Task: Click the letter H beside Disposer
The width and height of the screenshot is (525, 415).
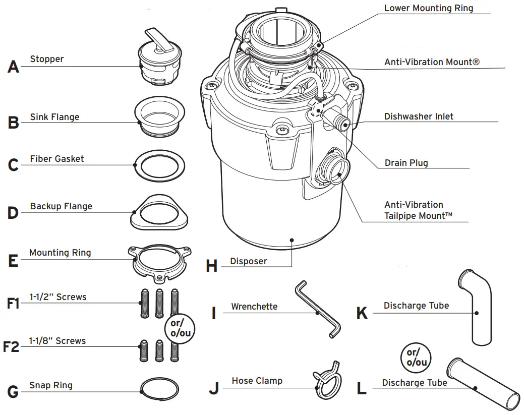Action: [x=212, y=266]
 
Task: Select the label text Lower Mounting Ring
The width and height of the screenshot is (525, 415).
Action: [x=428, y=8]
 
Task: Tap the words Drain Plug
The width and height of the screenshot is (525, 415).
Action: [x=406, y=163]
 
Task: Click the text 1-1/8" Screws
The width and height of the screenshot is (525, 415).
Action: [x=57, y=341]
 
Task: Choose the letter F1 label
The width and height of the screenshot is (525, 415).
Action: [x=13, y=304]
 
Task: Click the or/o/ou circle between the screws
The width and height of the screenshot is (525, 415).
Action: [x=181, y=328]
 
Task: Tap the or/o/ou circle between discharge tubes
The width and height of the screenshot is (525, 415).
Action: [x=417, y=357]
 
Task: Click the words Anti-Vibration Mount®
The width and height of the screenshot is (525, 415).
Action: [x=432, y=62]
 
